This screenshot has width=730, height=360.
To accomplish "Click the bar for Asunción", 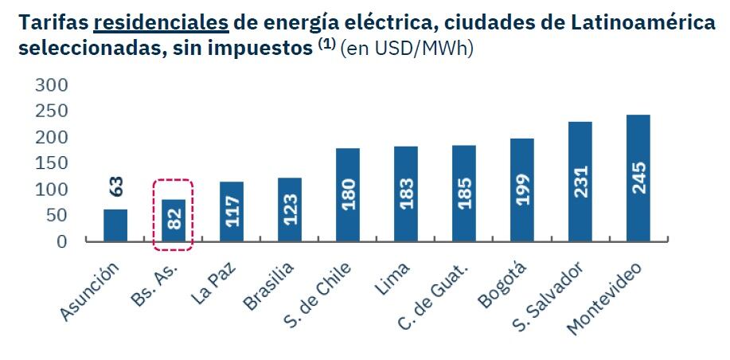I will tap(115, 225).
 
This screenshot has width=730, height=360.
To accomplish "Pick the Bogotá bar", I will tap(521, 190).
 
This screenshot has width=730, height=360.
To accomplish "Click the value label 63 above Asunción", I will tap(115, 188).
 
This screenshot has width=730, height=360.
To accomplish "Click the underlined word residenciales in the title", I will tap(160, 22).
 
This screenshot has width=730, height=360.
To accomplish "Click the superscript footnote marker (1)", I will tap(326, 45).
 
